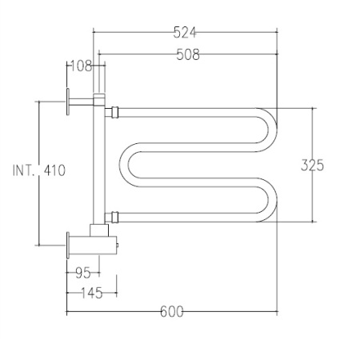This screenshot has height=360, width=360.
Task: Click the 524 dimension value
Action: pos(185,33)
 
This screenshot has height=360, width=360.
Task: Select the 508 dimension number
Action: pos(188,54)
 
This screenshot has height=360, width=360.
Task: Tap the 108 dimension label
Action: pos(81,66)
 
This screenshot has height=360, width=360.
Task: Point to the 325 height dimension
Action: pos(312,165)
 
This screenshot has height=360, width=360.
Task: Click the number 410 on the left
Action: pos(54,170)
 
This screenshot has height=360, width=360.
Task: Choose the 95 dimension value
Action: pos(83,273)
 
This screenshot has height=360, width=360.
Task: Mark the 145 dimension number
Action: pos(91,293)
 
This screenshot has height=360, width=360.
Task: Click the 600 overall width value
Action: pos(172,311)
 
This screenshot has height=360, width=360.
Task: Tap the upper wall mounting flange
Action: pos(68,102)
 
